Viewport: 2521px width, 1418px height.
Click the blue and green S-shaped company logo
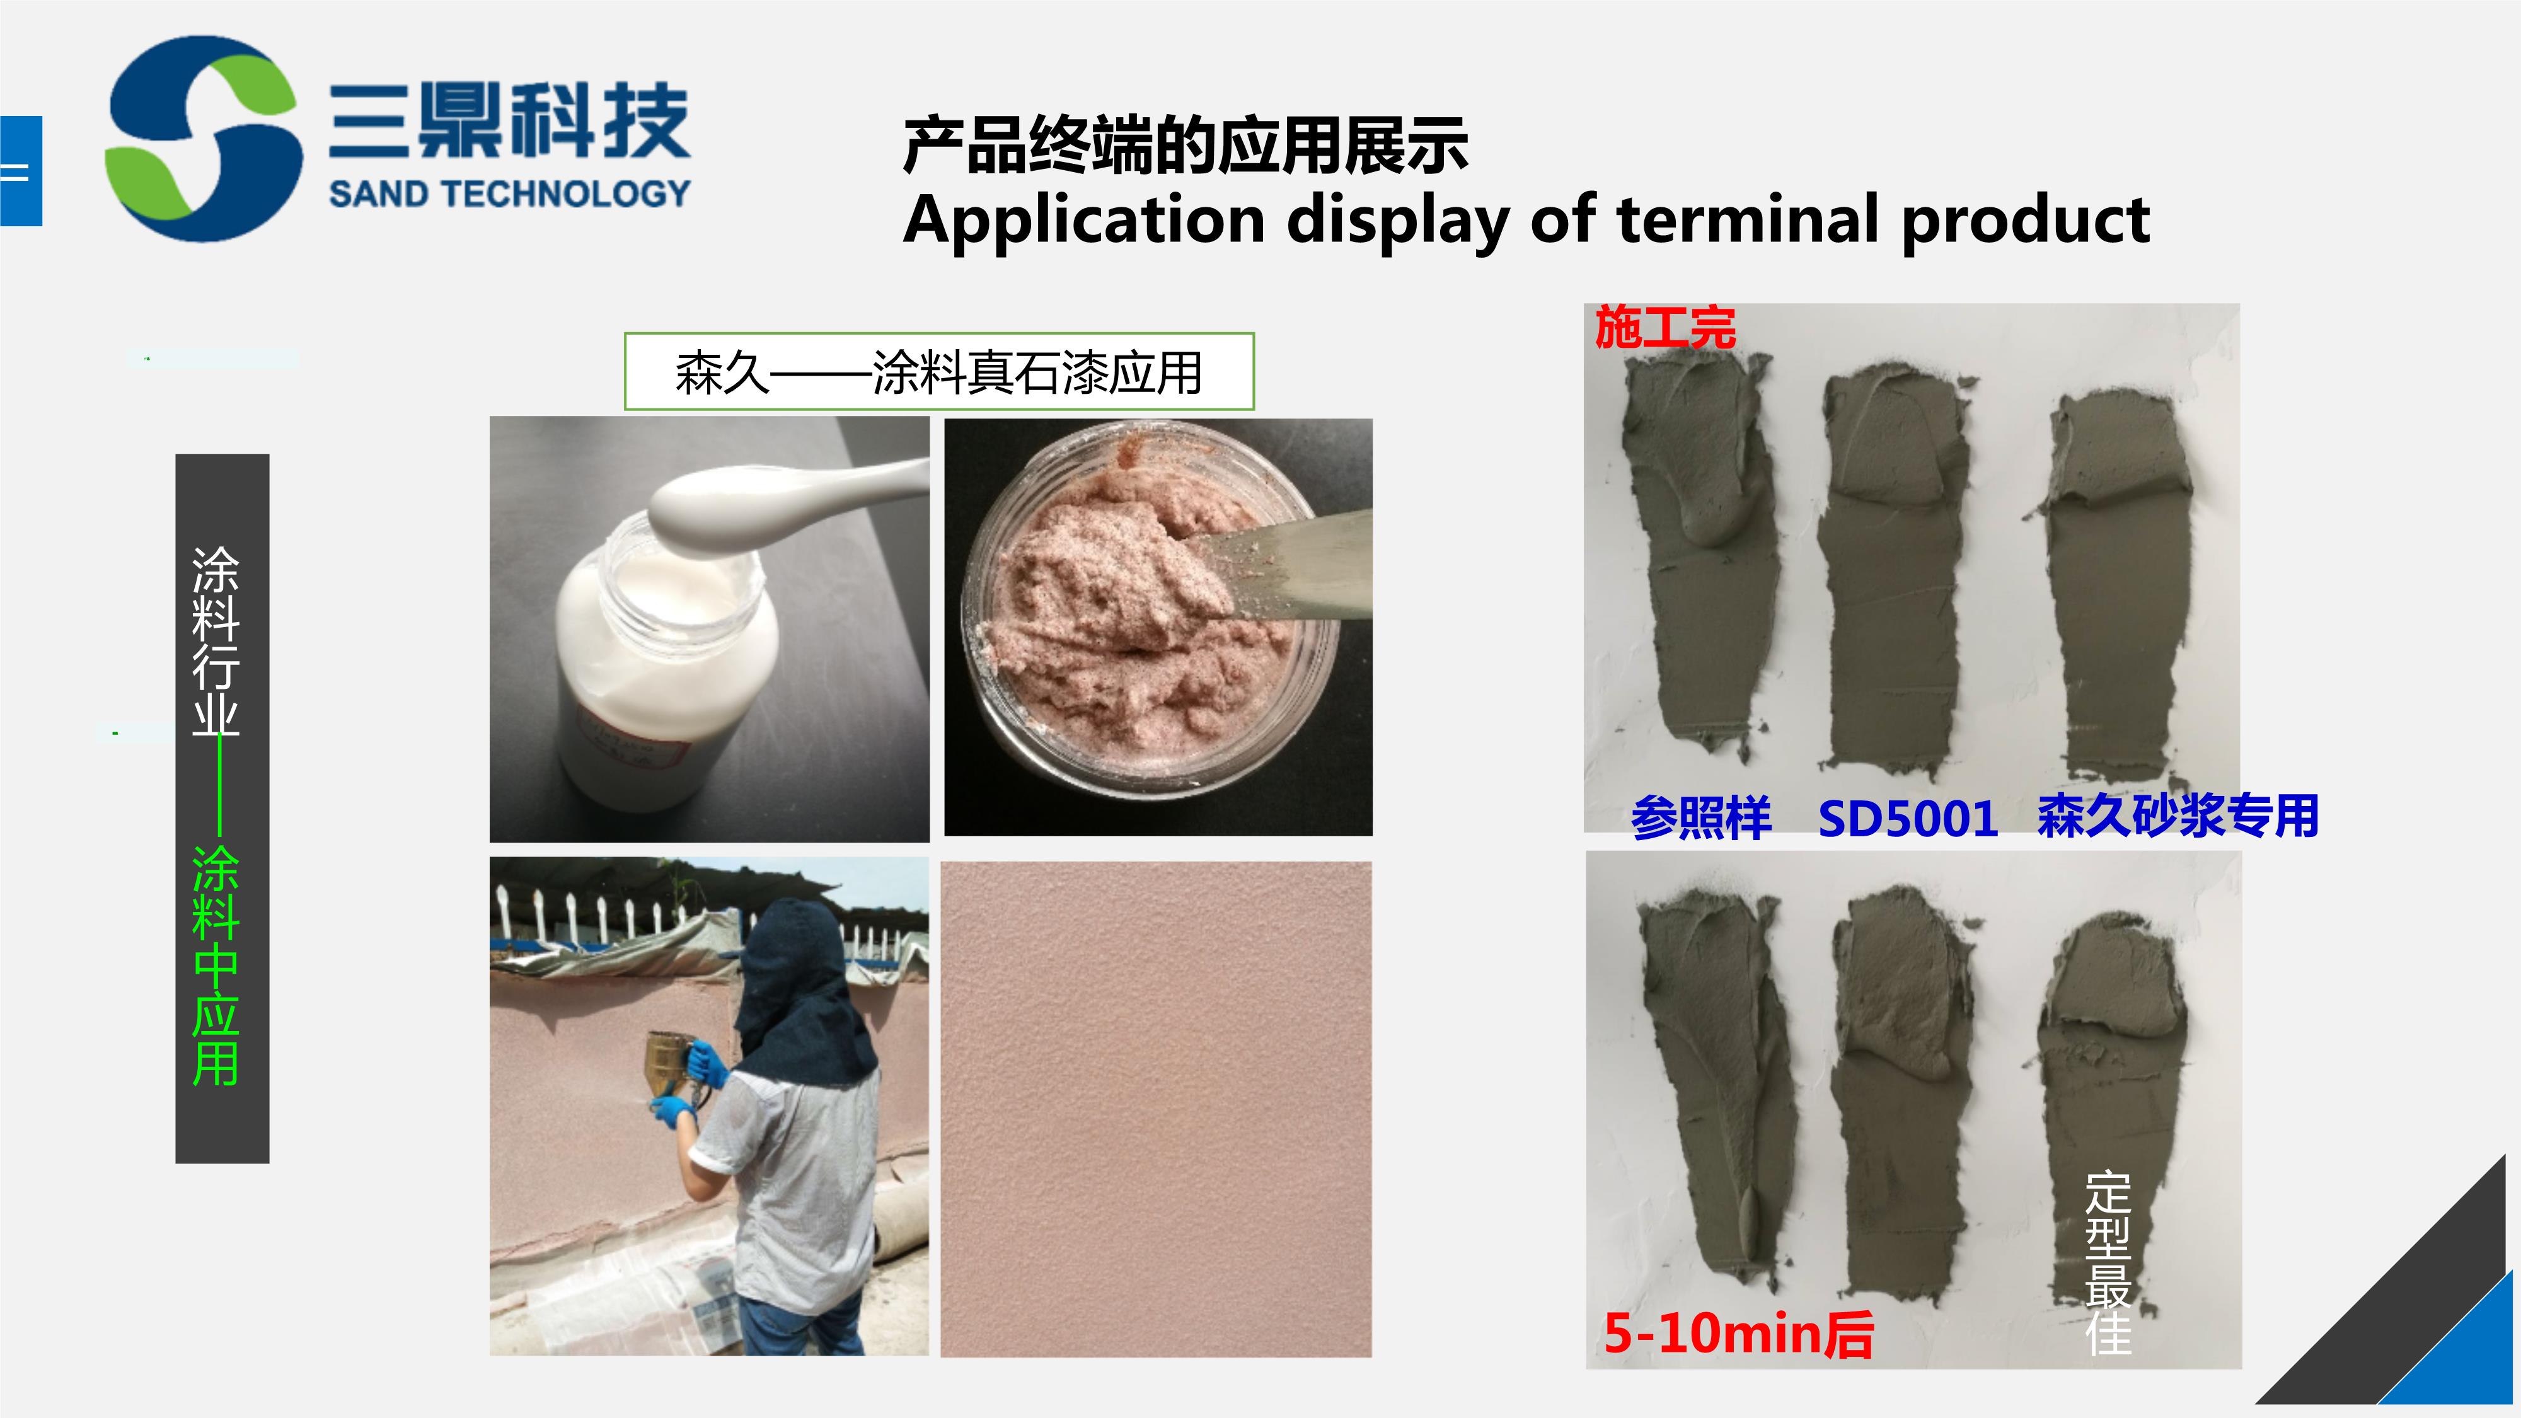pos(204,139)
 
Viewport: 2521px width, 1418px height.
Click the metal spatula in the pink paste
pos(1272,572)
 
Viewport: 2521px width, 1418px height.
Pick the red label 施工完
pos(1666,328)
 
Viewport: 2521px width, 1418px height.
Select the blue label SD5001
pos(1907,818)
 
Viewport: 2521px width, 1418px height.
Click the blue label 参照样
pos(1701,818)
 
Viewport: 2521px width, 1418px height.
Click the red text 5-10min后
pos(1738,1333)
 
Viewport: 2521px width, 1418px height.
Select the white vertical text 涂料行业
pos(216,640)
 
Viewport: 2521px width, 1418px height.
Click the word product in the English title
pos(2025,220)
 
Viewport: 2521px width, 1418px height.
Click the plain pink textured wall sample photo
pos(1156,1109)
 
